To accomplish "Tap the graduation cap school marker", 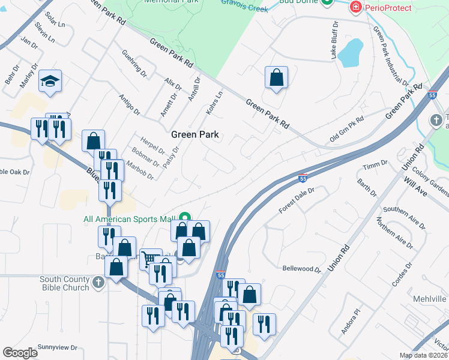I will [50, 82].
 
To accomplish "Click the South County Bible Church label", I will [64, 283].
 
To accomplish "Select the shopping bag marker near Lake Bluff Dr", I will [276, 77].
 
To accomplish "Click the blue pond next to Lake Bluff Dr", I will [350, 54].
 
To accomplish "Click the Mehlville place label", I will [430, 299].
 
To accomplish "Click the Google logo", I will [20, 353].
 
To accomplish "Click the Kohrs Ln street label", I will [215, 103].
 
